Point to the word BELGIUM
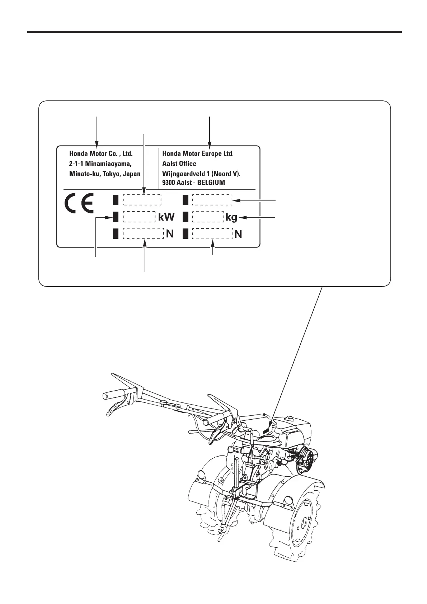211,182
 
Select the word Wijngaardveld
185,174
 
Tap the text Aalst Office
179,164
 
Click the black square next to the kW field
116,217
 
